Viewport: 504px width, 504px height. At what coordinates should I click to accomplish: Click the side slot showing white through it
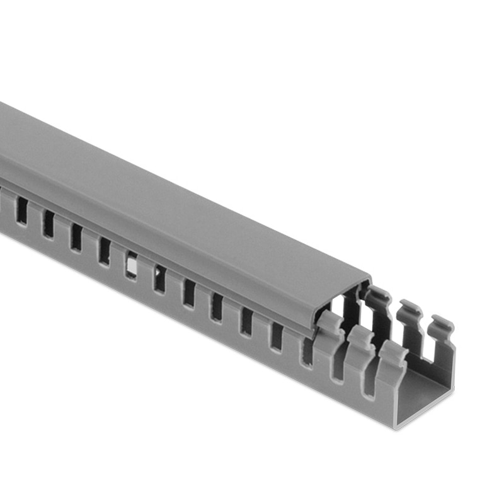click(x=131, y=266)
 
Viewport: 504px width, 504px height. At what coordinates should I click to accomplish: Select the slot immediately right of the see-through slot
click(x=159, y=278)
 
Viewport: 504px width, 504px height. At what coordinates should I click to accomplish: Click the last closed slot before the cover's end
click(x=275, y=336)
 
